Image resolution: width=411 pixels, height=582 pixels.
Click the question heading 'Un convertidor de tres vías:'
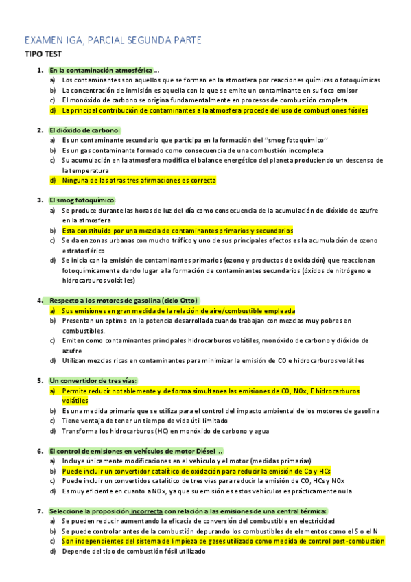coord(93,381)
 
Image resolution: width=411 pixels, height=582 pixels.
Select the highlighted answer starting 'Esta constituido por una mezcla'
coord(177,231)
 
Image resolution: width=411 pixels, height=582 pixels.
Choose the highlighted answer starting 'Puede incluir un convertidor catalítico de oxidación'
coord(196,472)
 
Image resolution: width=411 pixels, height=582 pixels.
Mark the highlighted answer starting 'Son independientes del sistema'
coord(223,541)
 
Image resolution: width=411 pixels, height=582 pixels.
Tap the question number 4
coord(40,301)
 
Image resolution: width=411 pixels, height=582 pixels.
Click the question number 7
coord(40,511)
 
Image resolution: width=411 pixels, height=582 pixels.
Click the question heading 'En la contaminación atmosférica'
coord(102,70)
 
